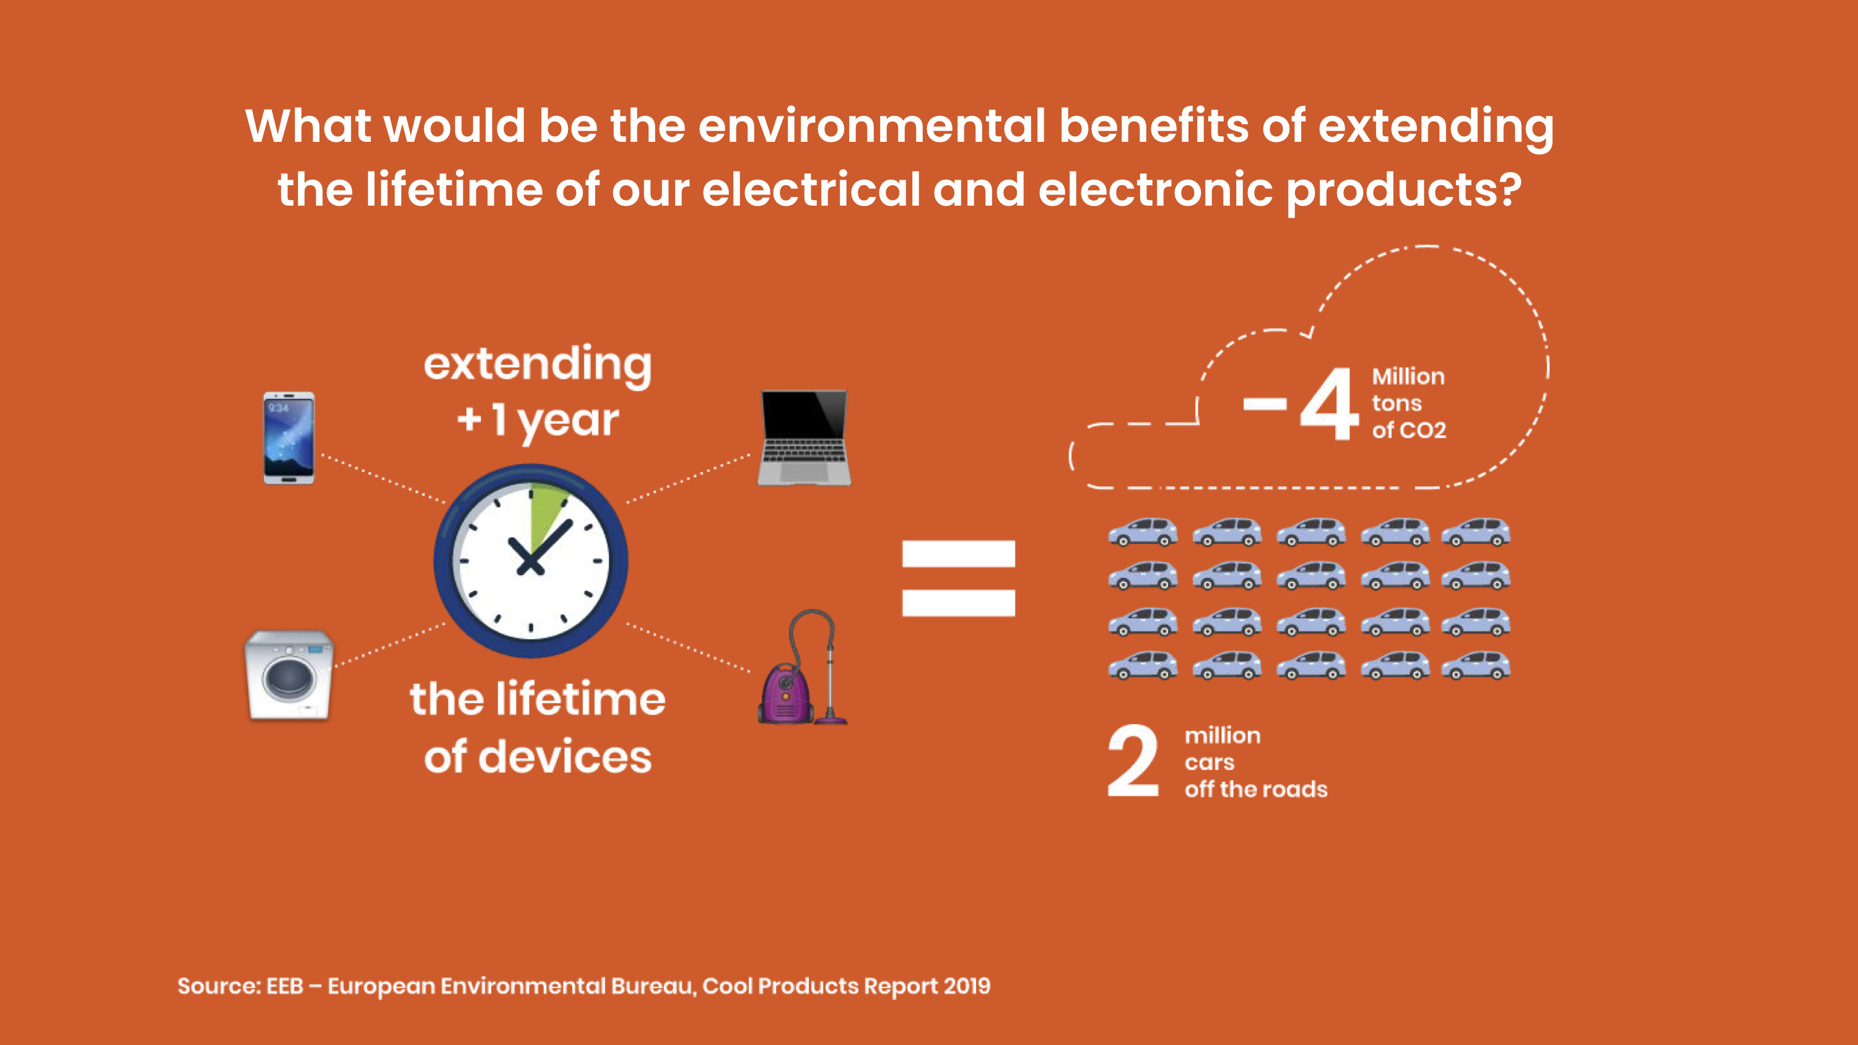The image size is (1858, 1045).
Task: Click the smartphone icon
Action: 289,438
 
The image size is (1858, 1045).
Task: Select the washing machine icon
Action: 289,675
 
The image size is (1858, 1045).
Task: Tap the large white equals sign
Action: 959,579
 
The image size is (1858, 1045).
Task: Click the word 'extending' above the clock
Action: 538,365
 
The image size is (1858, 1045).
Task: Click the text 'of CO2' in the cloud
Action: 1408,430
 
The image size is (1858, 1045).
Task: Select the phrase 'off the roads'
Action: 1256,789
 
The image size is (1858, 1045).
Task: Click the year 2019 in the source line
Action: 967,986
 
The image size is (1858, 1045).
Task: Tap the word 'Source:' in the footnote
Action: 219,986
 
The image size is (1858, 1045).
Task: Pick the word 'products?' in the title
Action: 1403,190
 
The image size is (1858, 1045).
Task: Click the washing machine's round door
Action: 289,677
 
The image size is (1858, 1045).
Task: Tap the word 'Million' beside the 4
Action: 1408,377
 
